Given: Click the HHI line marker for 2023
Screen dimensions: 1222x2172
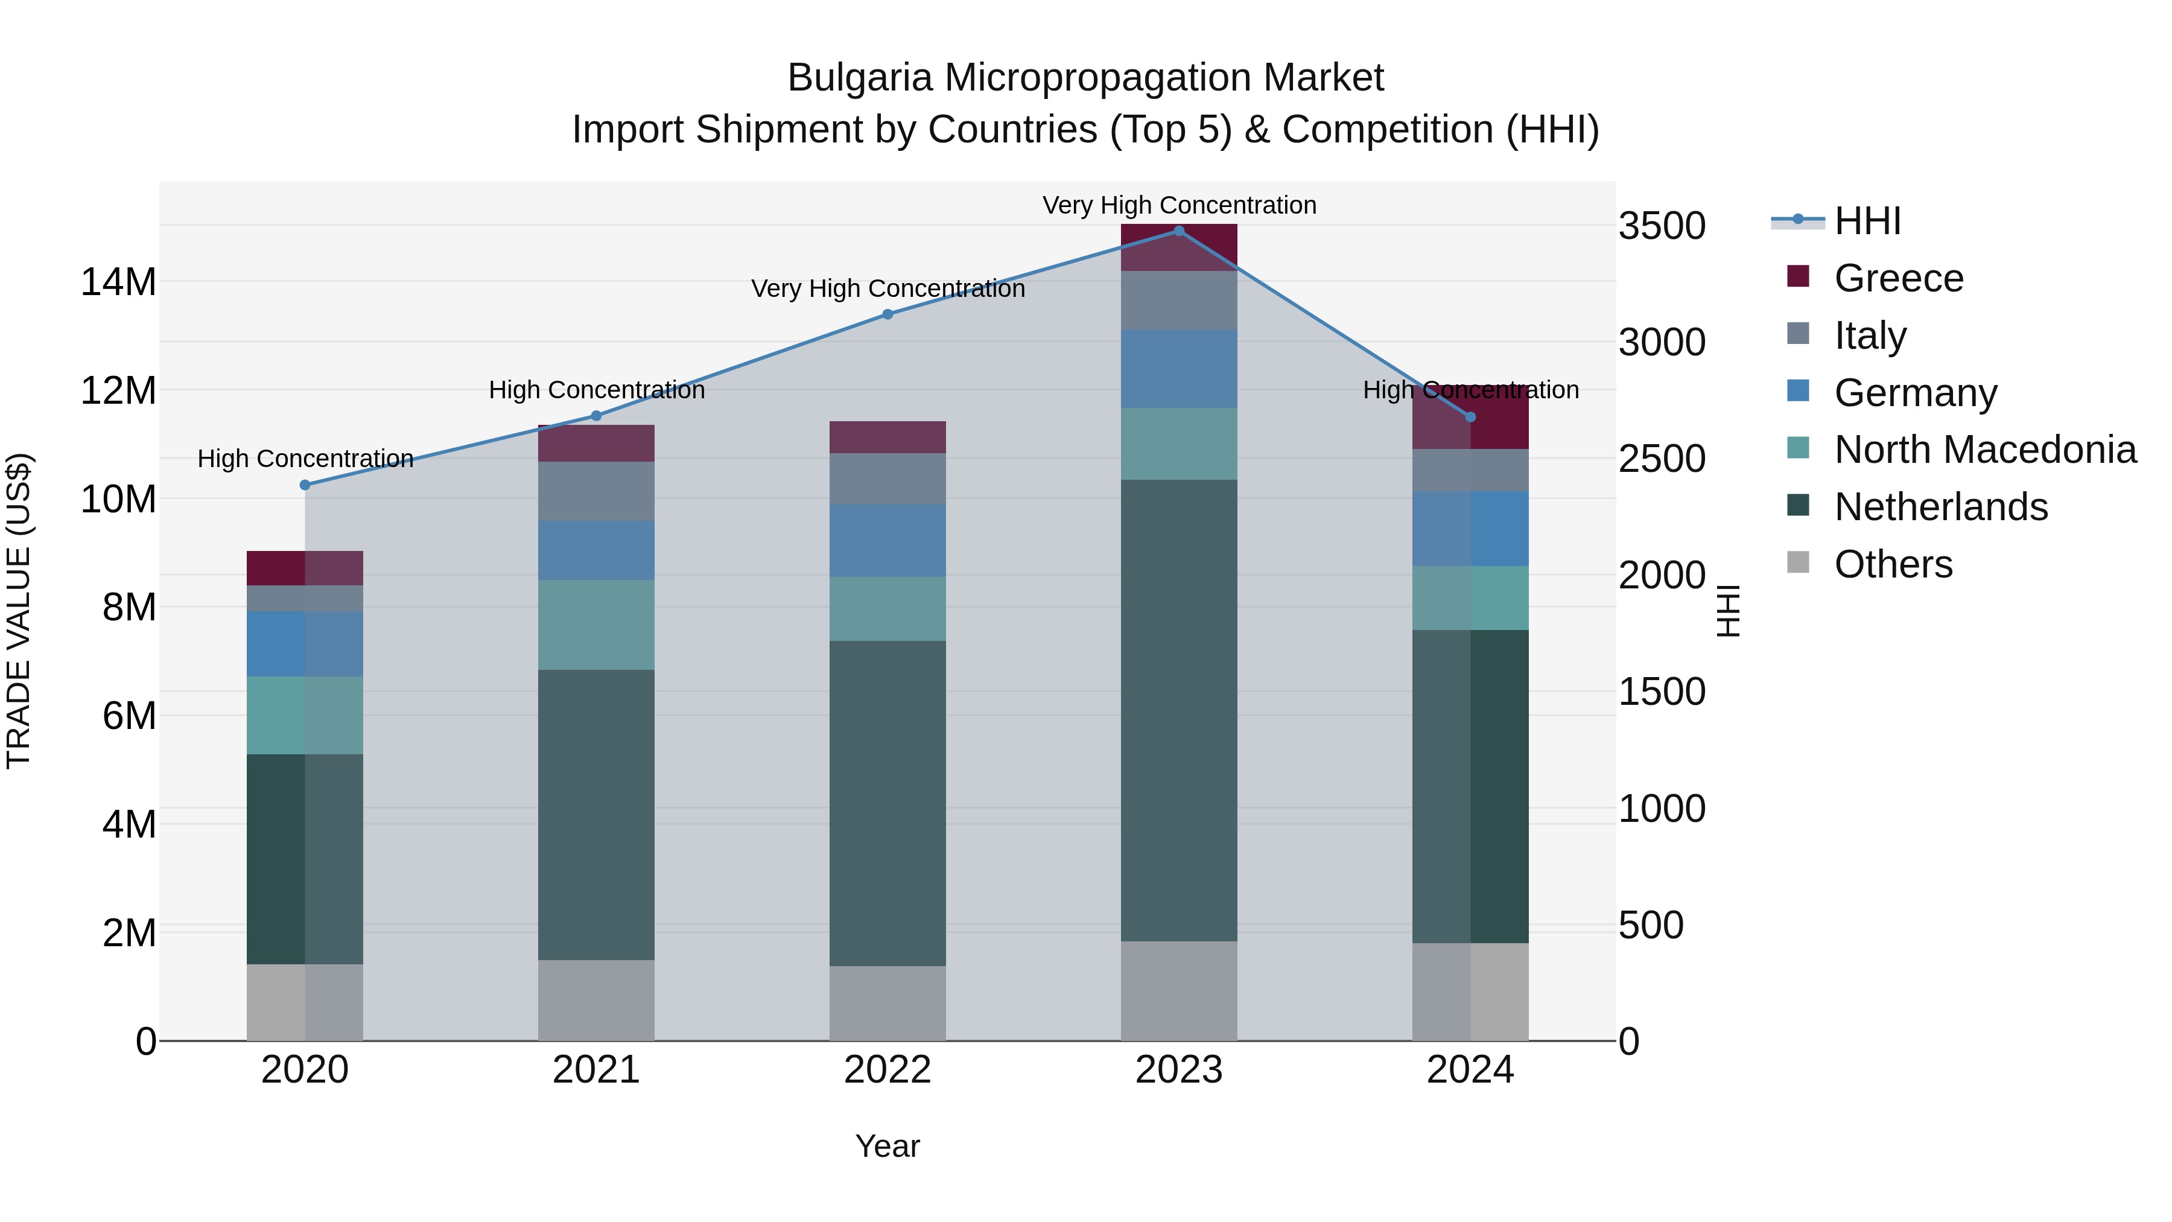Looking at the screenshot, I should pyautogui.click(x=1179, y=231).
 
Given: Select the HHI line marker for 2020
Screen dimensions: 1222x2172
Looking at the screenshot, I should pyautogui.click(x=305, y=485).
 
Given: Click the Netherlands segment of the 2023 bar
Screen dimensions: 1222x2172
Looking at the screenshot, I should pyautogui.click(x=1179, y=710).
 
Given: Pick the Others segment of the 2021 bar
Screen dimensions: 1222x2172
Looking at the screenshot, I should pyautogui.click(x=596, y=1000).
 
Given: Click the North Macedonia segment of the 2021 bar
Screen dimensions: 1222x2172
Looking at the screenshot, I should pyautogui.click(x=596, y=625).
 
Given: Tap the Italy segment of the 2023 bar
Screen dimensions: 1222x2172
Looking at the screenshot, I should pyautogui.click(x=1179, y=301).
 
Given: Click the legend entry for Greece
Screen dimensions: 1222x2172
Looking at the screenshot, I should pyautogui.click(x=1899, y=278).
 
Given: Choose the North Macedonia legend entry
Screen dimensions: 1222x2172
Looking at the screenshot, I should pyautogui.click(x=1985, y=450).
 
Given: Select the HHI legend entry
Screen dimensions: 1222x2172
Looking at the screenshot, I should pyautogui.click(x=1867, y=221).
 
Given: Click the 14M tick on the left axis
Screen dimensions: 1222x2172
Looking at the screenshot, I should pyautogui.click(x=118, y=282).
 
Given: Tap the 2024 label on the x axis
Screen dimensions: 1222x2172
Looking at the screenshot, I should pyautogui.click(x=1470, y=1070).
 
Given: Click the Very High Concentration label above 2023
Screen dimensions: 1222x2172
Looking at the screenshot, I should pyautogui.click(x=1179, y=205).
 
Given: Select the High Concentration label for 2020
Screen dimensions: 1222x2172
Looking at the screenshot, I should pyautogui.click(x=305, y=459).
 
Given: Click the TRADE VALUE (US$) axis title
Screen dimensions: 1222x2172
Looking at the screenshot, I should pyautogui.click(x=19, y=611).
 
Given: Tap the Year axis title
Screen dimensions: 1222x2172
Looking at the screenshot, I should pyautogui.click(x=887, y=1146).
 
